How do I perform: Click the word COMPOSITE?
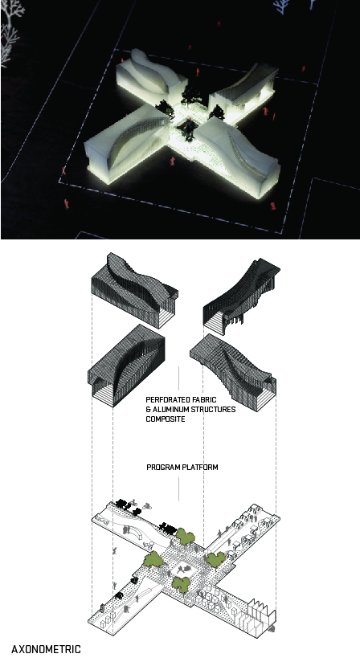pos(166,419)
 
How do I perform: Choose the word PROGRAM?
pos(162,467)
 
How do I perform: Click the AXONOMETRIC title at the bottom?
pos(46,648)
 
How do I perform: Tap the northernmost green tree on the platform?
pos(186,536)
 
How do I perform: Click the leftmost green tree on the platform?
pos(152,559)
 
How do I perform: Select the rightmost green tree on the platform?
pos(216,560)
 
